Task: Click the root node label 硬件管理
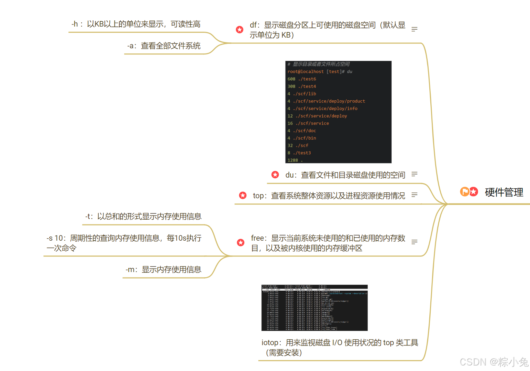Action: [x=504, y=192]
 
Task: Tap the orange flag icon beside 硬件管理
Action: [x=465, y=191]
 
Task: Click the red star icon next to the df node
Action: [x=240, y=30]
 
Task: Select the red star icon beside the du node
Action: [x=275, y=175]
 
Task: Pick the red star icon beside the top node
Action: [x=243, y=195]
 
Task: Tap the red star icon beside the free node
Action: [x=241, y=243]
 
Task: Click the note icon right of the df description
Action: [x=414, y=29]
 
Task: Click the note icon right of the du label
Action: [x=414, y=174]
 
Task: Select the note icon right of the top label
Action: [x=414, y=195]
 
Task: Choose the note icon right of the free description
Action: [x=414, y=242]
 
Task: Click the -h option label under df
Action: [x=136, y=24]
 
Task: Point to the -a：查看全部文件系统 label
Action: [x=164, y=46]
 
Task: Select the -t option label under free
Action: [x=143, y=217]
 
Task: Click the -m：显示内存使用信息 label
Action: [x=163, y=270]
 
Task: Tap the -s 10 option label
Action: [x=124, y=243]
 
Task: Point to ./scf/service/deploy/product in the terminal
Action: [x=329, y=101]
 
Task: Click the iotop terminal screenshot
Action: [x=314, y=308]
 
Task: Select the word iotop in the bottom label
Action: [x=270, y=343]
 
